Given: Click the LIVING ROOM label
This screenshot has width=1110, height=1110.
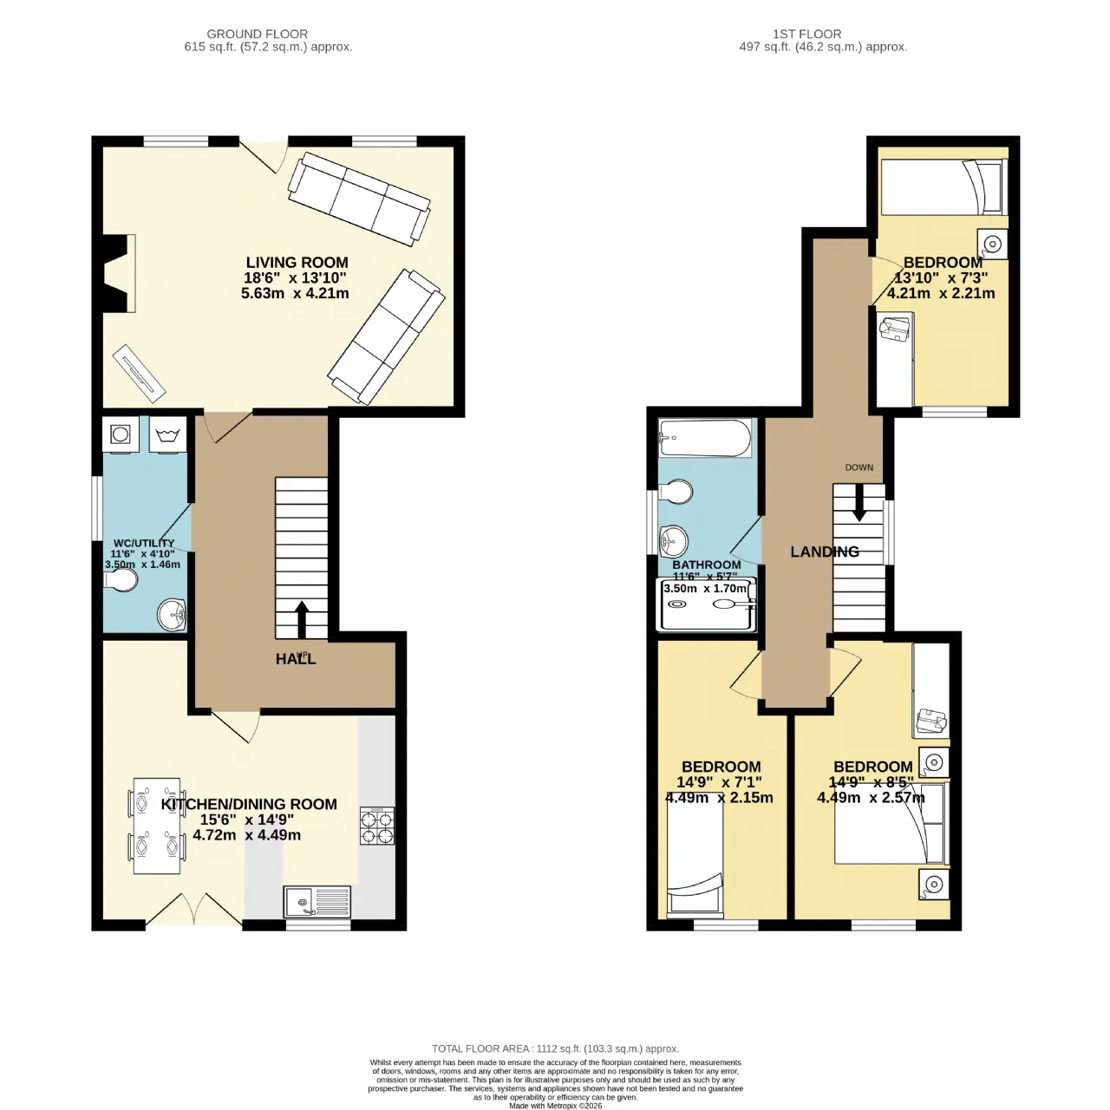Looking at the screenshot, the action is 297,263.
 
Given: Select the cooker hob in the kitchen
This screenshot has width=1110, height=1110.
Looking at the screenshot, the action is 377,826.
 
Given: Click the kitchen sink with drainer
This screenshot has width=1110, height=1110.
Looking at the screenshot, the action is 317,902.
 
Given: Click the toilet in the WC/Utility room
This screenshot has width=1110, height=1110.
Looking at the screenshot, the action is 121,580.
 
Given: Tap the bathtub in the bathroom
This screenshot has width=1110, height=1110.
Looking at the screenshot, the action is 705,438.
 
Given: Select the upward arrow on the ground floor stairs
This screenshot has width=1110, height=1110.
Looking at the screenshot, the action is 301,620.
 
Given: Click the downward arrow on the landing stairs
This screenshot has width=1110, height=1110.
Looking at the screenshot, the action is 859,503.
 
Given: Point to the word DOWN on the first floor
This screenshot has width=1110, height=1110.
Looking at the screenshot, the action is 859,467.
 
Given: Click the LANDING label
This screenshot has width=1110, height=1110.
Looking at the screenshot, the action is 825,552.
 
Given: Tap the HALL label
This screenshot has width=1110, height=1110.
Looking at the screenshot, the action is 296,659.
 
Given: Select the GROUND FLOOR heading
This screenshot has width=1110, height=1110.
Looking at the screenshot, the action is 257,34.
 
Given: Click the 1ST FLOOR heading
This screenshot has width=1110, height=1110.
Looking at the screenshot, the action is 806,34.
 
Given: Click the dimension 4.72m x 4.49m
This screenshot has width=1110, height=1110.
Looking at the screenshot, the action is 246,835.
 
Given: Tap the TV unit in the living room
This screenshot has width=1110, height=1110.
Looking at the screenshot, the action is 139,373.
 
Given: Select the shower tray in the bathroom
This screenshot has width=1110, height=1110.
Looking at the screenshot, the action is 708,604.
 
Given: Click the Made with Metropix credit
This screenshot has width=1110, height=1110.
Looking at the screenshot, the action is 555,1106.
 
